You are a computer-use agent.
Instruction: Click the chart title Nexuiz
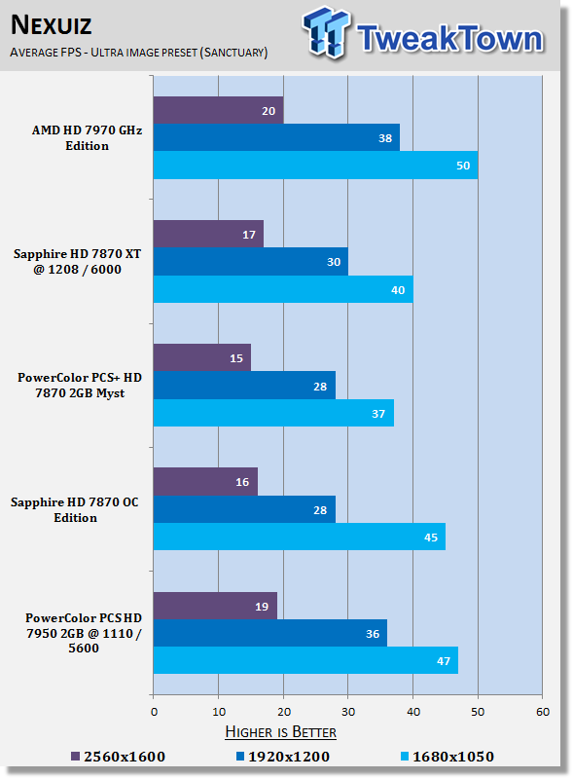[x=52, y=25]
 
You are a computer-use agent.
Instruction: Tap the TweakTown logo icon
[x=326, y=32]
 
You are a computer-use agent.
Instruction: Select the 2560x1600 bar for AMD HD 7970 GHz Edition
[x=219, y=110]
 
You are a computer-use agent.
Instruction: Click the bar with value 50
[x=315, y=165]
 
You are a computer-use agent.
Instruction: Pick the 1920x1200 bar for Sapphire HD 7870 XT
[x=251, y=261]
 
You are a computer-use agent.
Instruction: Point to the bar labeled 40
[x=283, y=289]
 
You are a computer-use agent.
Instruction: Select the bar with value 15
[x=202, y=357]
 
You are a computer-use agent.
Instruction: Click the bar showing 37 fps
[x=273, y=413]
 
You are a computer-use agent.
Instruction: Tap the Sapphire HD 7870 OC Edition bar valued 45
[x=300, y=537]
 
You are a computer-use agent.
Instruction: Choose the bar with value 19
[x=215, y=606]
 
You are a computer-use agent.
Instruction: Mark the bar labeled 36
[x=270, y=633]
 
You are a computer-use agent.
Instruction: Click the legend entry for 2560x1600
[x=118, y=757]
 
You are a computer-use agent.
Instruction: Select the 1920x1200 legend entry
[x=283, y=757]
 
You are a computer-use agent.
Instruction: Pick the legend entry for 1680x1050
[x=448, y=757]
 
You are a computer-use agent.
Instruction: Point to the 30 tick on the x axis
[x=348, y=712]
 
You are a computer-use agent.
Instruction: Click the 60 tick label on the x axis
[x=543, y=712]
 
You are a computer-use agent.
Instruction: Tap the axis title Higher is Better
[x=280, y=732]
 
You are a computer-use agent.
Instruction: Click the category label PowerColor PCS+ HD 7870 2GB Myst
[x=80, y=385]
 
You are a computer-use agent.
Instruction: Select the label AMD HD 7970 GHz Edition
[x=87, y=137]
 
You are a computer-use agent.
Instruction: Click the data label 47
[x=444, y=661]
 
